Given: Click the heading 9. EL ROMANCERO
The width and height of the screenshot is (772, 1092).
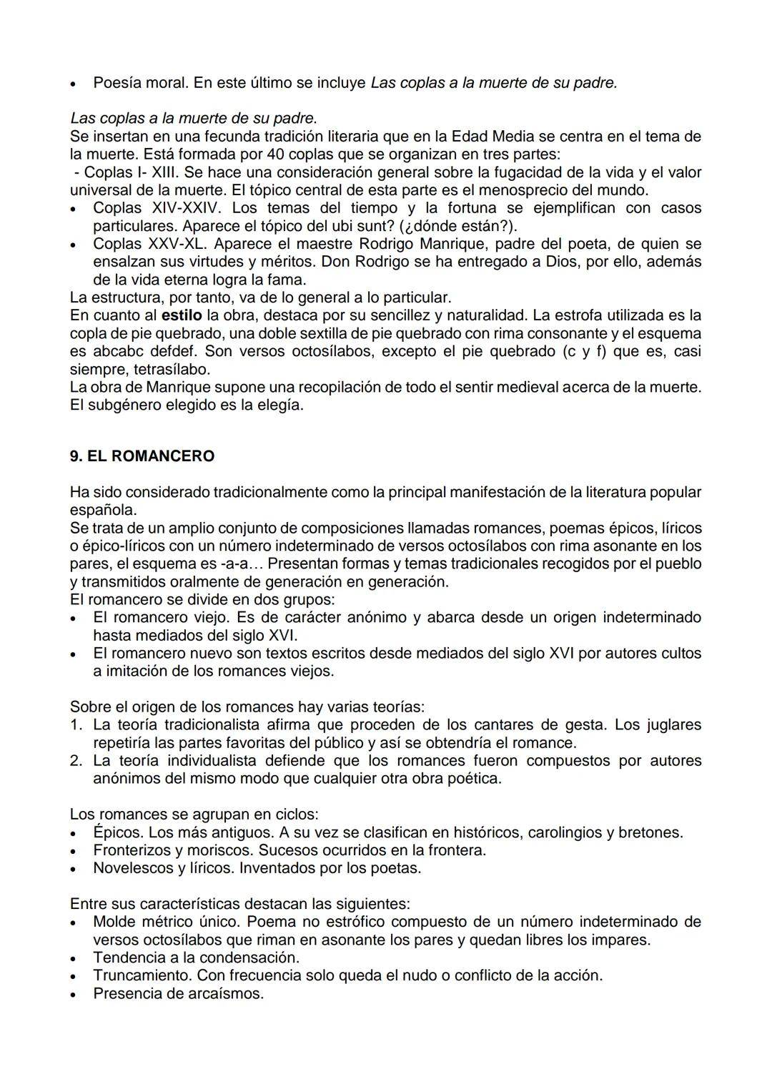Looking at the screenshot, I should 142,456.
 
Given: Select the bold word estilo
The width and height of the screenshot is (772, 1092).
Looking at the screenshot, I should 182,315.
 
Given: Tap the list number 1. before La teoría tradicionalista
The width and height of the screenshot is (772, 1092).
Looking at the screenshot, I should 76,725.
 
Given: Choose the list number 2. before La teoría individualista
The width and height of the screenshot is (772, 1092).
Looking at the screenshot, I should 76,761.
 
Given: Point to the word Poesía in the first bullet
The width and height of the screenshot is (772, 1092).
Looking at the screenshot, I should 117,83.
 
